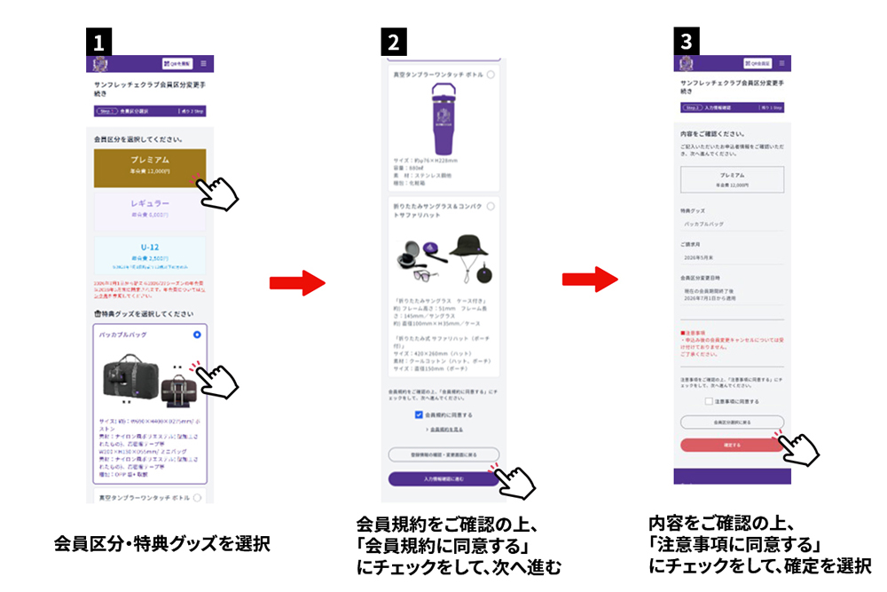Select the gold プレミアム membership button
click(150, 167)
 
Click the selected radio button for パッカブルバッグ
click(197, 335)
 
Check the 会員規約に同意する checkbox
click(420, 414)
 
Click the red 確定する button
click(732, 443)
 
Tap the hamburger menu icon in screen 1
click(204, 64)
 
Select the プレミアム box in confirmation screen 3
click(732, 179)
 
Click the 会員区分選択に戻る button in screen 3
click(732, 422)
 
